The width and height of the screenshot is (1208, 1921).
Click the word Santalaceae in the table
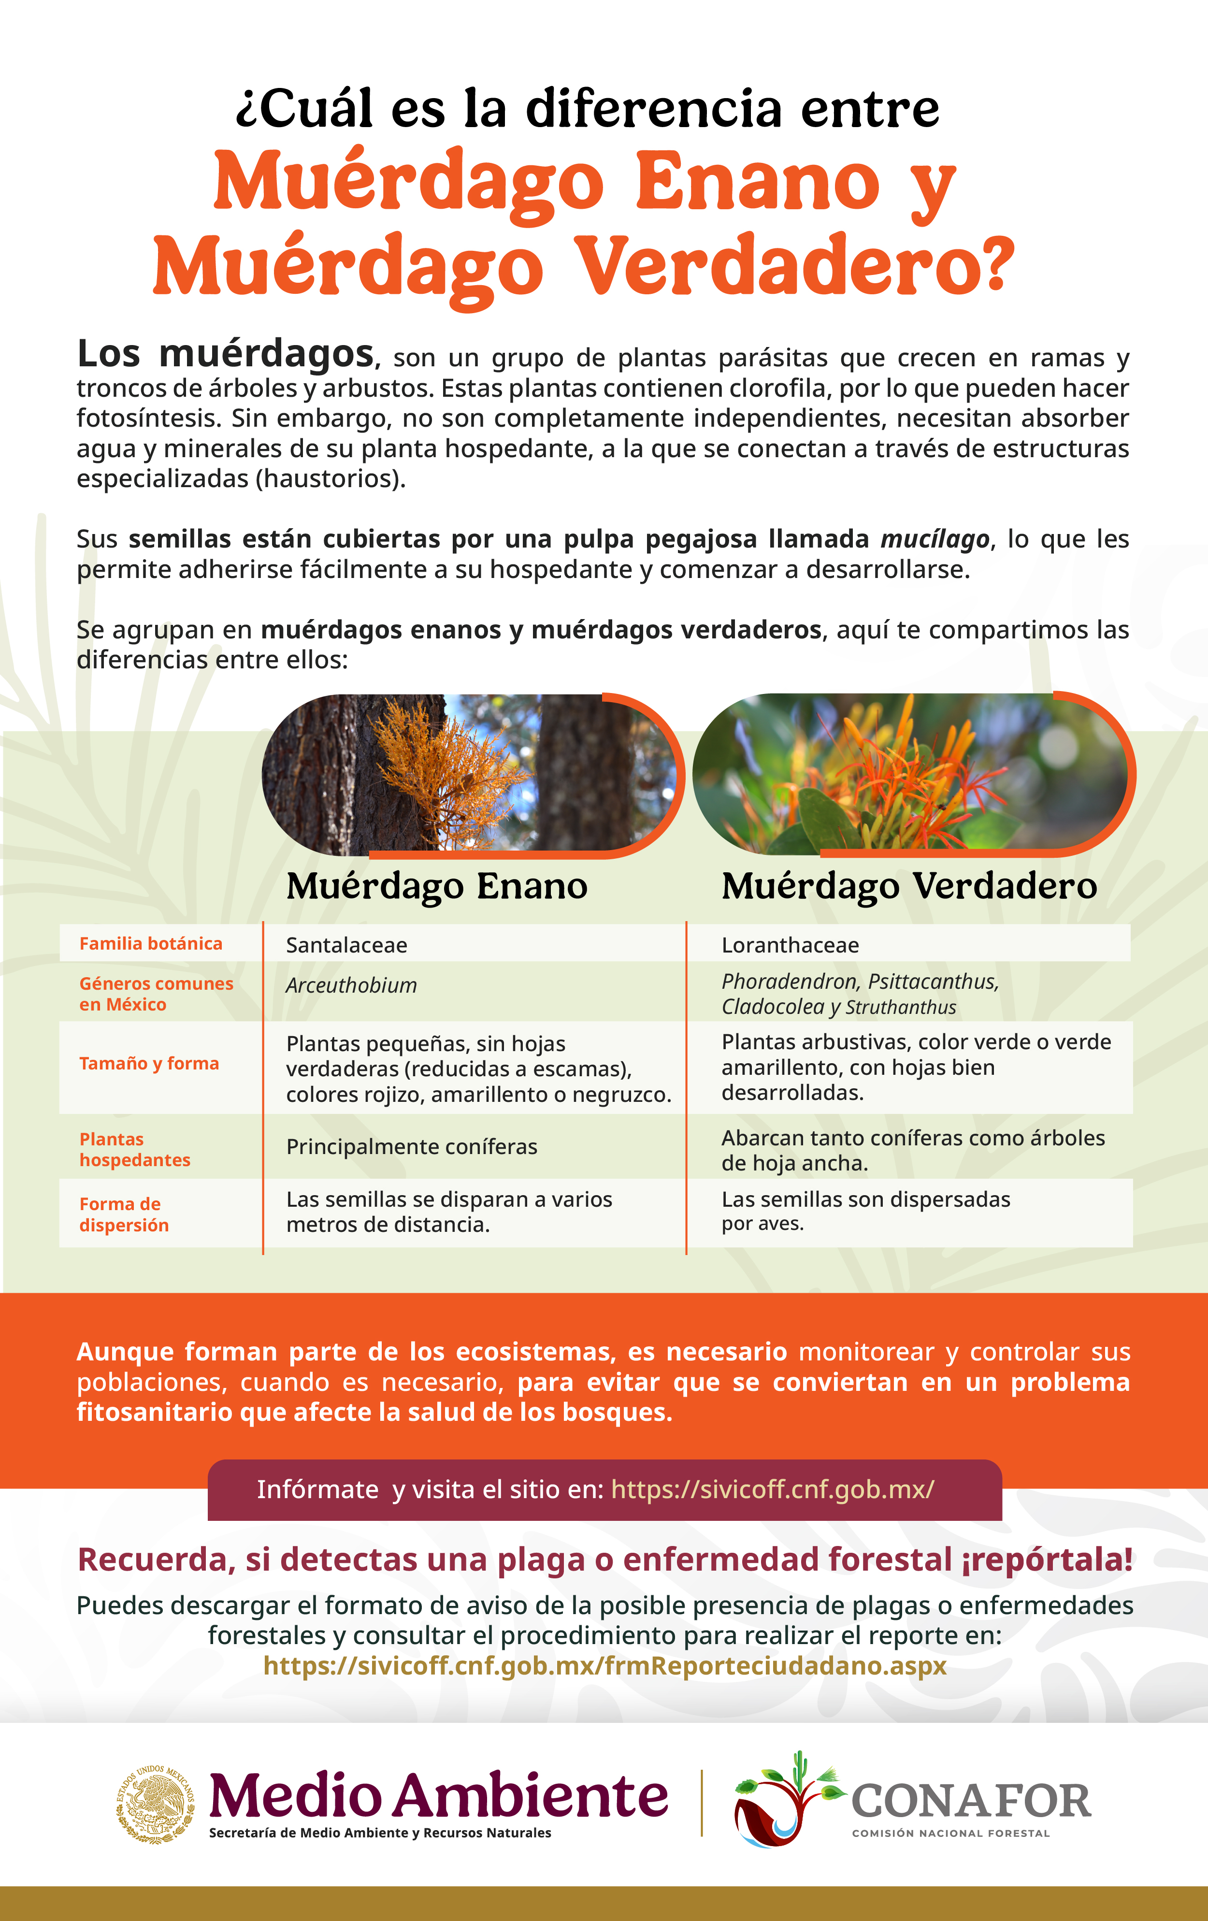click(346, 945)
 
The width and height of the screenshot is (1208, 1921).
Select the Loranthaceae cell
click(790, 945)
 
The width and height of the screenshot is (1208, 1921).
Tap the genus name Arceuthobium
click(351, 986)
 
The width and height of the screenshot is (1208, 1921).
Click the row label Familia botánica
click(151, 944)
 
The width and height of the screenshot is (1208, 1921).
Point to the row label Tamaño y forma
click(149, 1063)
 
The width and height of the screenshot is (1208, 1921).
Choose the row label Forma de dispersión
click(124, 1214)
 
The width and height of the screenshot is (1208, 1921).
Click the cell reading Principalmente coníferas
click(412, 1147)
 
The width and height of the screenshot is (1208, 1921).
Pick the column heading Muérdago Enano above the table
click(436, 886)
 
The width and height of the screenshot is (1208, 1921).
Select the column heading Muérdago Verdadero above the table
click(909, 886)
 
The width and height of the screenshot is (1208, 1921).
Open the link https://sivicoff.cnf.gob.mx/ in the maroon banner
click(772, 1489)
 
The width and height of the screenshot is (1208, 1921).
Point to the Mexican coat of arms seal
click(156, 1803)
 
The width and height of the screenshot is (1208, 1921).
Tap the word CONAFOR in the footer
click(971, 1801)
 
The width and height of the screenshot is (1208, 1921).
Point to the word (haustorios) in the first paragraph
click(331, 478)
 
